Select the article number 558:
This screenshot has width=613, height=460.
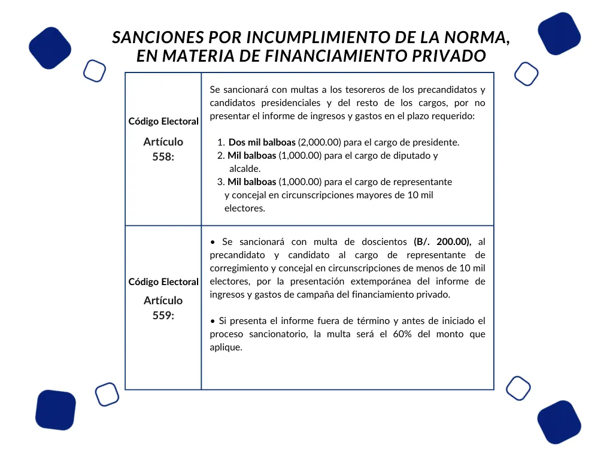pyautogui.click(x=163, y=156)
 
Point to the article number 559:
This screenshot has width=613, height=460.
pyautogui.click(x=163, y=315)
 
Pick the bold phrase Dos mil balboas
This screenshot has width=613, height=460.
pyautogui.click(x=262, y=143)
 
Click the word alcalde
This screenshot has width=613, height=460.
pyautogui.click(x=245, y=169)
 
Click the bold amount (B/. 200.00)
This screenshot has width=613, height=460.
pyautogui.click(x=442, y=242)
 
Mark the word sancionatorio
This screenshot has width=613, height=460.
pyautogui.click(x=280, y=334)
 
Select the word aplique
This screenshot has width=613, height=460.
pyautogui.click(x=226, y=347)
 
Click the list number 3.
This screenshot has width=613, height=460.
pyautogui.click(x=220, y=182)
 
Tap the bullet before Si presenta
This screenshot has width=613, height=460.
pyautogui.click(x=213, y=322)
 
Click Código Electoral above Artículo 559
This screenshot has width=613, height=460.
pyautogui.click(x=163, y=282)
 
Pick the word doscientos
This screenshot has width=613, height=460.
pyautogui.click(x=384, y=242)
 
